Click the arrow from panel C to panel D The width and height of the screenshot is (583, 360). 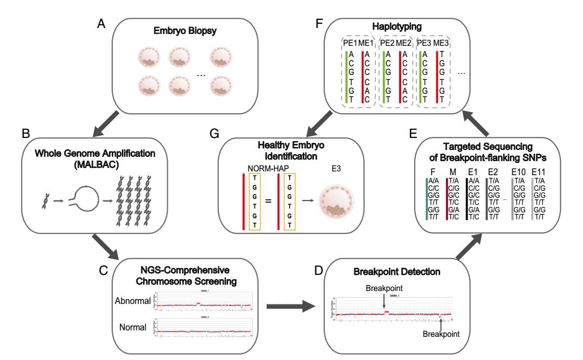click(x=292, y=306)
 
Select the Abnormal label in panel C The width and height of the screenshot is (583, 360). click(x=133, y=300)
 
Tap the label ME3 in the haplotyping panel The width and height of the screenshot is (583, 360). click(x=441, y=43)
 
